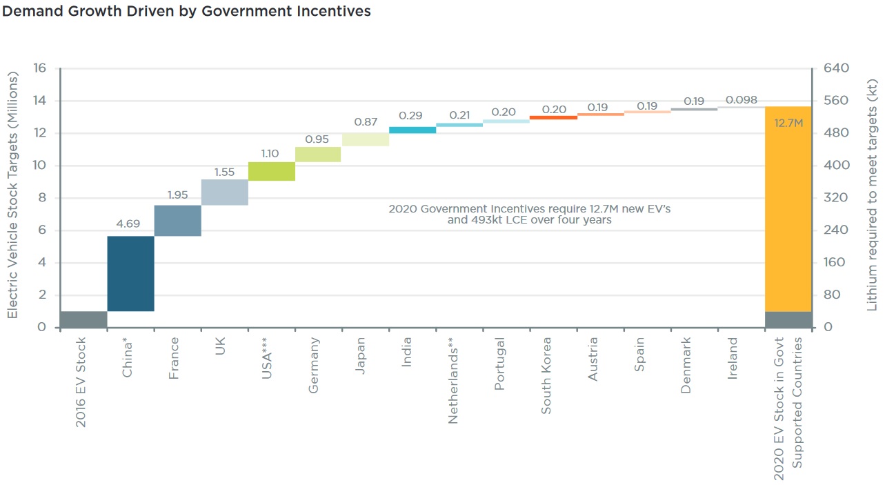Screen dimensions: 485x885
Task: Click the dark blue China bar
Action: tap(130, 273)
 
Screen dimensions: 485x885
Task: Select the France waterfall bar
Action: tap(177, 221)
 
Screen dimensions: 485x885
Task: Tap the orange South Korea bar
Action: tap(553, 117)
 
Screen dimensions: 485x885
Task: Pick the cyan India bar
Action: tap(412, 130)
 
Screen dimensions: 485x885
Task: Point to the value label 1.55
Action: tap(224, 172)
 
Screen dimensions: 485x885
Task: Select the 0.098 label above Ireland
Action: tap(741, 101)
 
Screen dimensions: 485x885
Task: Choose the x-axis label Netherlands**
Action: tap(453, 380)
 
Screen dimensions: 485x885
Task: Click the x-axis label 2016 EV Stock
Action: tap(81, 382)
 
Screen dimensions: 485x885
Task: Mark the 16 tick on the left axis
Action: tap(39, 68)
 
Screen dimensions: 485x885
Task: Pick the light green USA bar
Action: tap(271, 171)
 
